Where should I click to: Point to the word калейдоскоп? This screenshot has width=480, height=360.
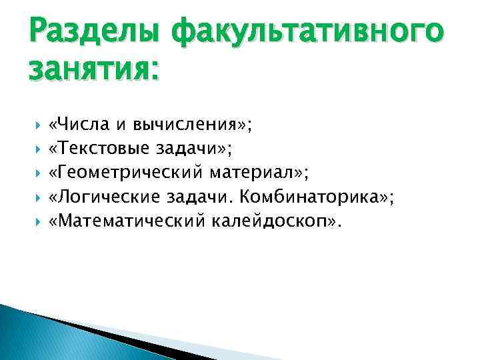(271, 221)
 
